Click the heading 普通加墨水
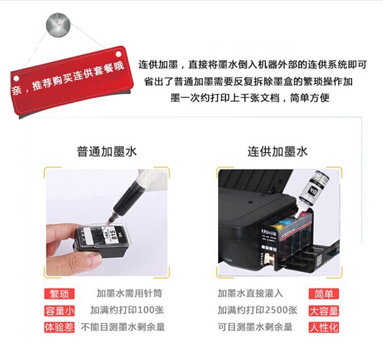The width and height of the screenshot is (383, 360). point(106,152)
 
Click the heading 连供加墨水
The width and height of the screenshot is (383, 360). point(277,152)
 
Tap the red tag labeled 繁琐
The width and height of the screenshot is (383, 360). point(59,294)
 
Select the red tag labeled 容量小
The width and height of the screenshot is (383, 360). point(59,311)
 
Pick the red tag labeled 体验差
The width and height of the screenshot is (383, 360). point(59,327)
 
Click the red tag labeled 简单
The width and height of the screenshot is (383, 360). point(324,294)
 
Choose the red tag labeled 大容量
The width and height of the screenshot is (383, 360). point(324,311)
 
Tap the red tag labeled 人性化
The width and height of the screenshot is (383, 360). point(324,328)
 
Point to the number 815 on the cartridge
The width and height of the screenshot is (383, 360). point(114,235)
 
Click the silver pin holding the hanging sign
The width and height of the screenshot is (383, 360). point(58,25)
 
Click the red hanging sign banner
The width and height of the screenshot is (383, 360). point(72,81)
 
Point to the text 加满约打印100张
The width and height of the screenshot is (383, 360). point(127,310)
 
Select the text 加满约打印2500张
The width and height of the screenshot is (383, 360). point(258,310)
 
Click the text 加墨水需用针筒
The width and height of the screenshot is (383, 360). point(129,294)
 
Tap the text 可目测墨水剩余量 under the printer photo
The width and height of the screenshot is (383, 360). point(255,326)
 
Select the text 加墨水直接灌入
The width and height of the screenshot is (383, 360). point(250,294)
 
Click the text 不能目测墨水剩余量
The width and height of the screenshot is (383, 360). point(123,326)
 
